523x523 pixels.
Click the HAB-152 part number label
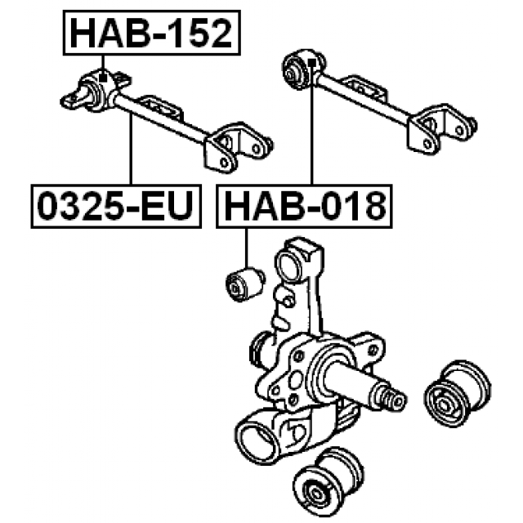(152, 33)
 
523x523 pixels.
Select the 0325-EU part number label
(116, 206)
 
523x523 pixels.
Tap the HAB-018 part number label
(304, 206)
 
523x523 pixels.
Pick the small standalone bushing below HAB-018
(245, 284)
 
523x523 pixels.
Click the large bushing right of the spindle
(457, 394)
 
